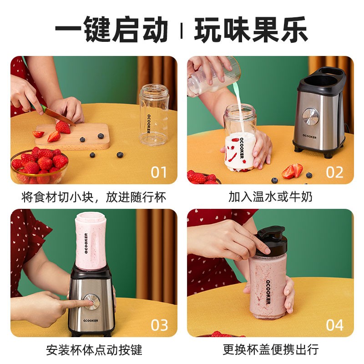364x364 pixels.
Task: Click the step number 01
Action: pyautogui.click(x=159, y=172)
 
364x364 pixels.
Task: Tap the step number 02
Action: pyautogui.click(x=334, y=172)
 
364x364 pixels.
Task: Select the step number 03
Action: pyautogui.click(x=159, y=325)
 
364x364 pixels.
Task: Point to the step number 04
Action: pyautogui.click(x=334, y=325)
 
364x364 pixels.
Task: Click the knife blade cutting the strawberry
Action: pyautogui.click(x=61, y=117)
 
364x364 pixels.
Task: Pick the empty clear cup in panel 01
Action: pyautogui.click(x=154, y=115)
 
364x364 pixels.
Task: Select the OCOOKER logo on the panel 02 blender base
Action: pyautogui.click(x=309, y=136)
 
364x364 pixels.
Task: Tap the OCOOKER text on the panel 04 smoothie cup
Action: pyautogui.click(x=268, y=292)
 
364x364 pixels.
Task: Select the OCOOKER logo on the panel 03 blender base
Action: pyautogui.click(x=91, y=321)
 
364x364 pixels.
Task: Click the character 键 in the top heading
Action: pyautogui.click(x=97, y=29)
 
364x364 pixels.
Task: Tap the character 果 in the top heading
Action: pyautogui.click(x=265, y=29)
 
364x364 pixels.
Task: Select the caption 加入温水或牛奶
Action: pyautogui.click(x=270, y=197)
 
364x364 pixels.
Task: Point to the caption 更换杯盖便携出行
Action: pyautogui.click(x=271, y=349)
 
